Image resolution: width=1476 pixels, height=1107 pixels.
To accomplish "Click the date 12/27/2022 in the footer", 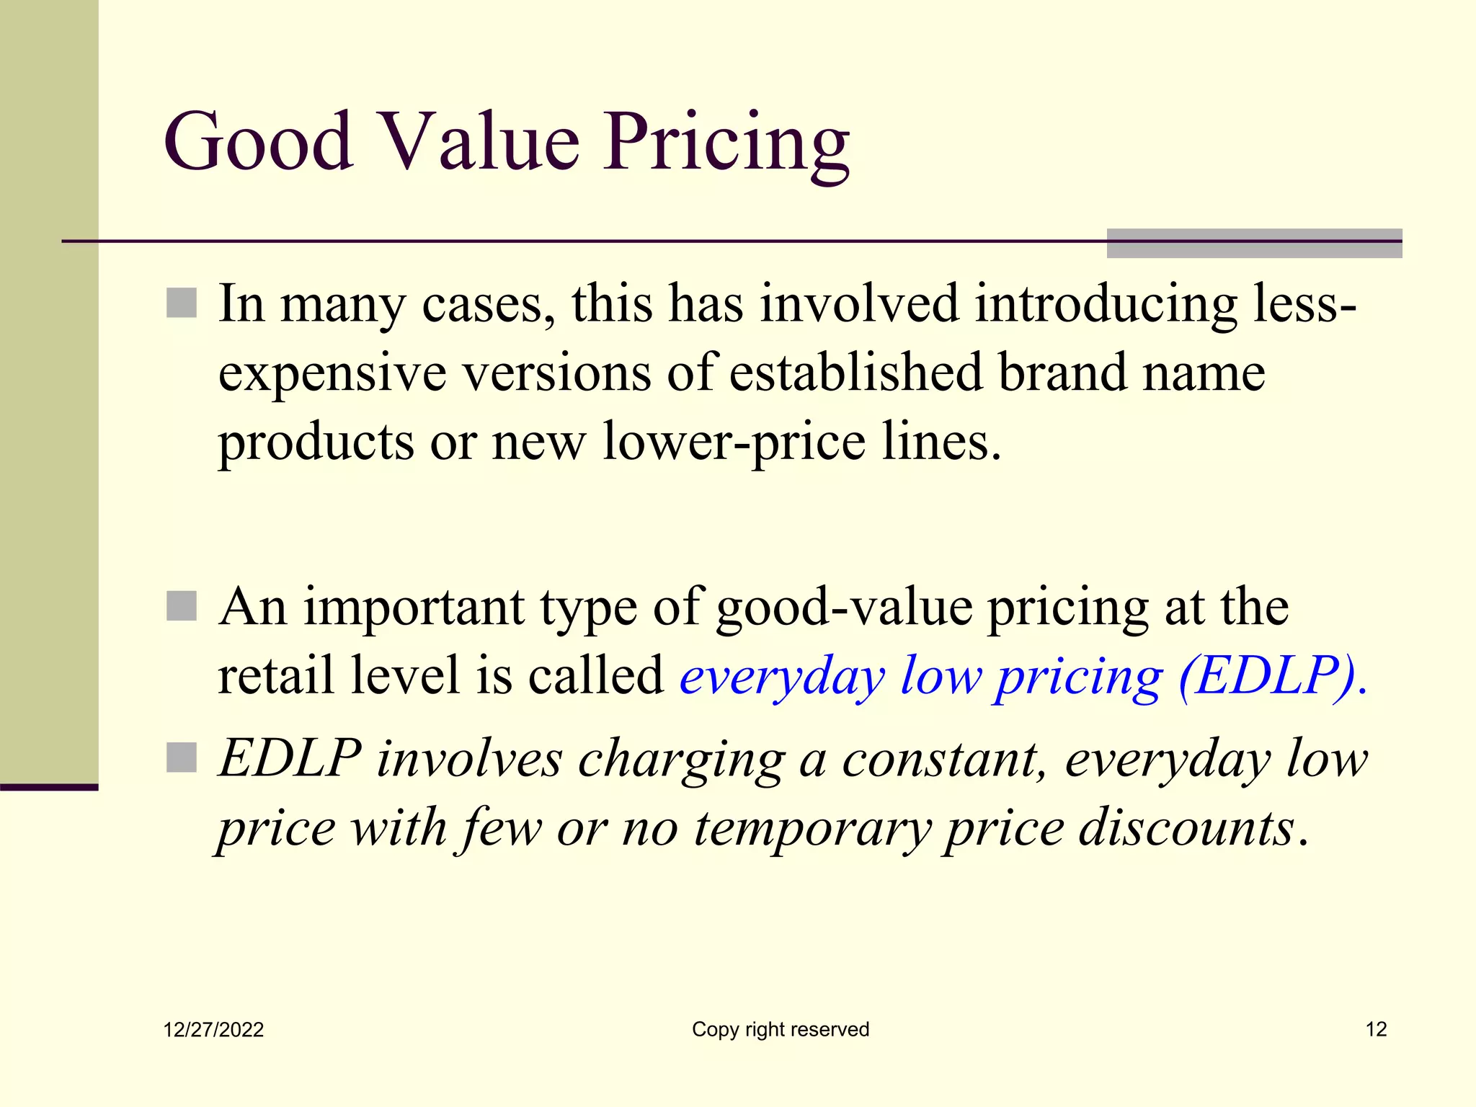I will point(213,1029).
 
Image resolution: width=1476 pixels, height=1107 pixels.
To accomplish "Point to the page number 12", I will point(1376,1029).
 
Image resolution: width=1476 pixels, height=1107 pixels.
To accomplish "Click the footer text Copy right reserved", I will point(781,1029).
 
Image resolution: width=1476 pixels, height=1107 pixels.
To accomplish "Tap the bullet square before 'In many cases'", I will point(182,303).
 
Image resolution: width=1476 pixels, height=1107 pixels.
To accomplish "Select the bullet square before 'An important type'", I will point(182,606).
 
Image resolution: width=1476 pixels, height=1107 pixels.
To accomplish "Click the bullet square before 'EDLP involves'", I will point(182,757).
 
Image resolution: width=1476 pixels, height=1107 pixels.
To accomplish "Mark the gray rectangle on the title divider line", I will point(1254,243).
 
